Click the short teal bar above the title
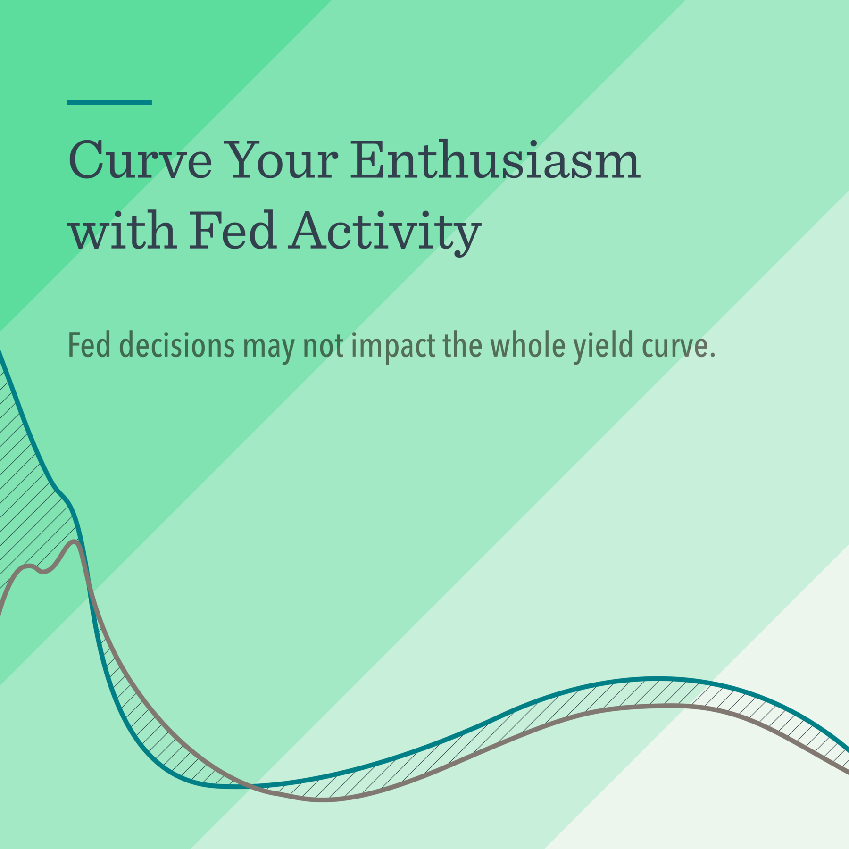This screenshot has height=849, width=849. point(109,102)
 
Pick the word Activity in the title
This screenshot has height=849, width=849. point(384,232)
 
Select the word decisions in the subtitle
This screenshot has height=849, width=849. point(176,345)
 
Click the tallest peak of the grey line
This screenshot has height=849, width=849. point(75,542)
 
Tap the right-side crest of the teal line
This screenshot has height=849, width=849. point(656,679)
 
